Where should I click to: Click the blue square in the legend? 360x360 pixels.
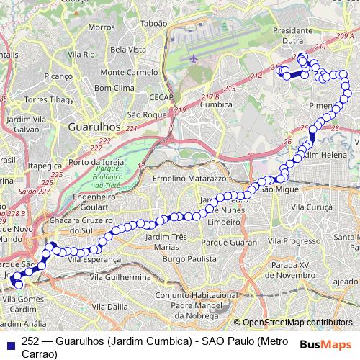9,341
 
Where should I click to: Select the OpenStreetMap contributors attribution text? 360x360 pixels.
298,323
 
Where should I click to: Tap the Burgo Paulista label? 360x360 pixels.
189,258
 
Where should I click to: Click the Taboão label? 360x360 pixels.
153,23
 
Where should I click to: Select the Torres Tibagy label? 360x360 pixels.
45,99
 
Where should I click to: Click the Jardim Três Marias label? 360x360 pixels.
166,241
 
